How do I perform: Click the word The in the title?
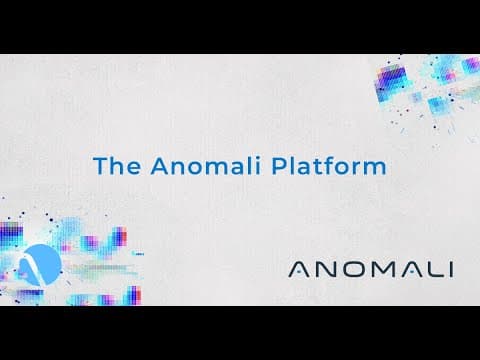117,165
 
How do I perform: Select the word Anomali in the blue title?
205,165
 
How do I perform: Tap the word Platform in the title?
329,165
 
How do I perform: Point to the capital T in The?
101,166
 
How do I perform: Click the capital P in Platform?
278,166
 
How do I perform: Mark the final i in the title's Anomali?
257,165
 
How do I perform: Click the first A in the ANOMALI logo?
300,270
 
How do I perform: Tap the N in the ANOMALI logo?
326,270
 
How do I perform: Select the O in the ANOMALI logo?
352,270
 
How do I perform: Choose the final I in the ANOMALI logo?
451,270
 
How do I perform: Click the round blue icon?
41,265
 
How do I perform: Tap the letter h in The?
118,165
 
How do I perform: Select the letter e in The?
134,168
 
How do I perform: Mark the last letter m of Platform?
375,168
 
